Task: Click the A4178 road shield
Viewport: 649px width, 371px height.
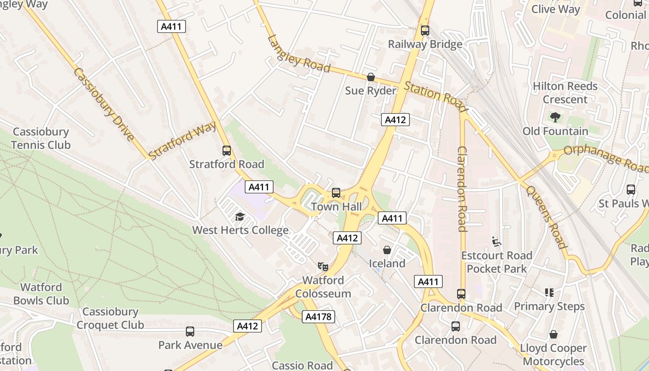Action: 318,317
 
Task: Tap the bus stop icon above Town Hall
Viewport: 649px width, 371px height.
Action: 336,193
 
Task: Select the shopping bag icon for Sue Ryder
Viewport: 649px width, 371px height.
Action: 370,77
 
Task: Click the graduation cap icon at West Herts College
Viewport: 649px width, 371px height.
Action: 240,217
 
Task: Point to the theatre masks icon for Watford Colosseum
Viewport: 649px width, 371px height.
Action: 323,266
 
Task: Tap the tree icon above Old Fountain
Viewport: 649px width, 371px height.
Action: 555,117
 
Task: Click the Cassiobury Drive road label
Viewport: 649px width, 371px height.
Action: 104,104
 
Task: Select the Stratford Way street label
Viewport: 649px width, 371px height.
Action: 183,140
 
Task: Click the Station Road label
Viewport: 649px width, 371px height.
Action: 435,97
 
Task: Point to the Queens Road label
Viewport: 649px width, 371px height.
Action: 546,217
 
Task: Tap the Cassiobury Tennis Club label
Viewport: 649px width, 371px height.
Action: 41,138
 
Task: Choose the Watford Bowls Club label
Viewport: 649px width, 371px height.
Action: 41,294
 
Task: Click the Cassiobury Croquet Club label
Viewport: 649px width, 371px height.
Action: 110,318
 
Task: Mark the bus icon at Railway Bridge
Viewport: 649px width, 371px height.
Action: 425,31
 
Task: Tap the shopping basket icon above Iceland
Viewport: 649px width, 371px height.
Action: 387,250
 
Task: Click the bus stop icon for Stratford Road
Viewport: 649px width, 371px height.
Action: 226,151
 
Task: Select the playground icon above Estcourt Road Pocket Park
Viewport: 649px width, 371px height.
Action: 496,241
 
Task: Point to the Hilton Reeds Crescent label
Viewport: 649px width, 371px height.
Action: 565,93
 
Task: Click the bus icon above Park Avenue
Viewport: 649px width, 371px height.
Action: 190,332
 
